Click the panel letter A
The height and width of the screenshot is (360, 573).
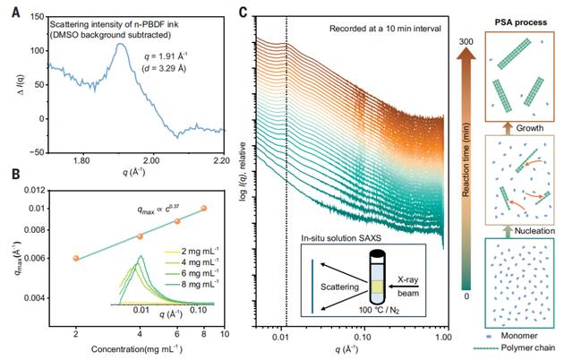[x=16, y=13]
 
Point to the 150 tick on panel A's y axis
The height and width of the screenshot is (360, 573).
[x=38, y=17]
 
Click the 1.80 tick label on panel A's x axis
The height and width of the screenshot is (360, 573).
[x=81, y=161]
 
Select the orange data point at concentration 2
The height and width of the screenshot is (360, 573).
[x=76, y=259]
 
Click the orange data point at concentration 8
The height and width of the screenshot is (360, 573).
[x=204, y=209]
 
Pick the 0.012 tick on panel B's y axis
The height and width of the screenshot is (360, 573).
[x=35, y=191]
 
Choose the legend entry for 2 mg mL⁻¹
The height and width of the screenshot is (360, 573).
[x=192, y=252]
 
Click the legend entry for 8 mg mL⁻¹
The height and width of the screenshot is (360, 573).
[x=192, y=284]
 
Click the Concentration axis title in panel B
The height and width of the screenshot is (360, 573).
[x=137, y=349]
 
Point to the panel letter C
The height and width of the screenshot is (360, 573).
[x=244, y=13]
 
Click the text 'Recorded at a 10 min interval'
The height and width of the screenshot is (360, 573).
[x=385, y=29]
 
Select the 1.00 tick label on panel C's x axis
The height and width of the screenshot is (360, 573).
[x=443, y=337]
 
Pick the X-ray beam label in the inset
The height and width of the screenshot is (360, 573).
[x=408, y=287]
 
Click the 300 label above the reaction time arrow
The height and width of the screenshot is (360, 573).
[x=466, y=42]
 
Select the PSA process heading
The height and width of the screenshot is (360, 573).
[x=521, y=22]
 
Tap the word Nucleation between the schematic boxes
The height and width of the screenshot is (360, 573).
[x=535, y=231]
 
